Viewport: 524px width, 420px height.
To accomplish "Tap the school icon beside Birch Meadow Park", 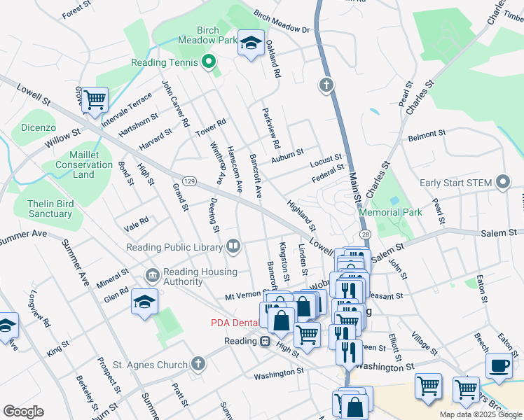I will pos(251,43).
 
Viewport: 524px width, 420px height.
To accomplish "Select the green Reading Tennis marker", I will pos(208,62).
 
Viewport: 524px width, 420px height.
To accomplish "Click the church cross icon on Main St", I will pos(326,85).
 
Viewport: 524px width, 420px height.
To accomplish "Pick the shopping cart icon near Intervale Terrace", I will pos(94,99).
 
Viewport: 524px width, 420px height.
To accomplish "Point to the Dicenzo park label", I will pos(38,128).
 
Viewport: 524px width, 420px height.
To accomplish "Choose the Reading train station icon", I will pos(266,341).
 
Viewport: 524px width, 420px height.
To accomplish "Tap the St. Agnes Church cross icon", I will pos(198,364).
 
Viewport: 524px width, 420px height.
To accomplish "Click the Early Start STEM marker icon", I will pos(502,183).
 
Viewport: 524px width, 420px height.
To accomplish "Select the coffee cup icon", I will pos(499,367).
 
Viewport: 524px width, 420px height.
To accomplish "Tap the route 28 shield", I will pos(365,234).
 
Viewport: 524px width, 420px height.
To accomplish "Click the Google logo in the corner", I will pos(23,412).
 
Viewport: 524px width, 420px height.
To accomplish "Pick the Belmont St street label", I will pos(427,133).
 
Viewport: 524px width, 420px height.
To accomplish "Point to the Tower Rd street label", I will pos(211,127).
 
